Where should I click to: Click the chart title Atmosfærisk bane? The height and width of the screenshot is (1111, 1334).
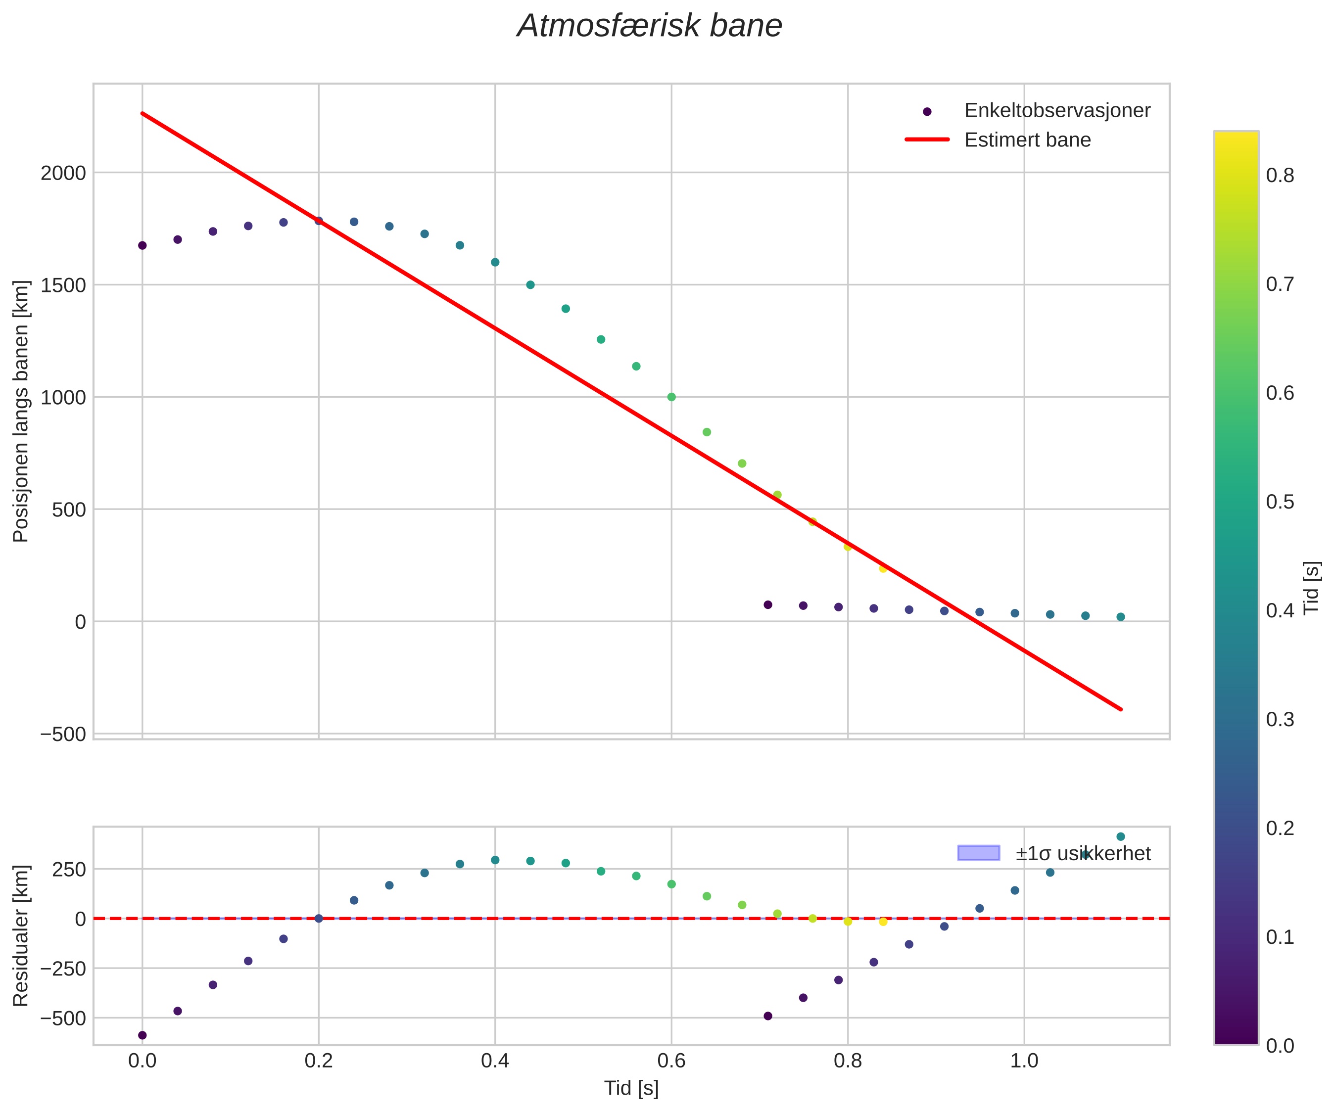coord(649,27)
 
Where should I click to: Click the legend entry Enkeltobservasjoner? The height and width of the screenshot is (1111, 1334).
coord(1057,110)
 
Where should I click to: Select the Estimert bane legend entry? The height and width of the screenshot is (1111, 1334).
coord(1027,140)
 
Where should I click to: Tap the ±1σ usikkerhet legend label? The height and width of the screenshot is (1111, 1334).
coord(1083,853)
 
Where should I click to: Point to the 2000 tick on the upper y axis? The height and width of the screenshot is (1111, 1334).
coord(63,173)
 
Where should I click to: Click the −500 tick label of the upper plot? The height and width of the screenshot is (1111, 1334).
coord(63,734)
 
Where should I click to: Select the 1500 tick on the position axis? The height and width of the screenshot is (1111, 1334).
coord(63,285)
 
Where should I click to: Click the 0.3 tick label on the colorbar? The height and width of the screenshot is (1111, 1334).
coord(1280,720)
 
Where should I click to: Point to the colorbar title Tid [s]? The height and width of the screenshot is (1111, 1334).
coord(1311,588)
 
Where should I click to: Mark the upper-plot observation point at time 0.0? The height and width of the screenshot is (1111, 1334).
coord(143,245)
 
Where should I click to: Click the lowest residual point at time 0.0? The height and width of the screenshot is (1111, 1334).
coord(143,1035)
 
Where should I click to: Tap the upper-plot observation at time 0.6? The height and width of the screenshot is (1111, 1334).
coord(671,397)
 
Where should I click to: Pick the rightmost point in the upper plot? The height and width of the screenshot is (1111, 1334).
coord(1121,617)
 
